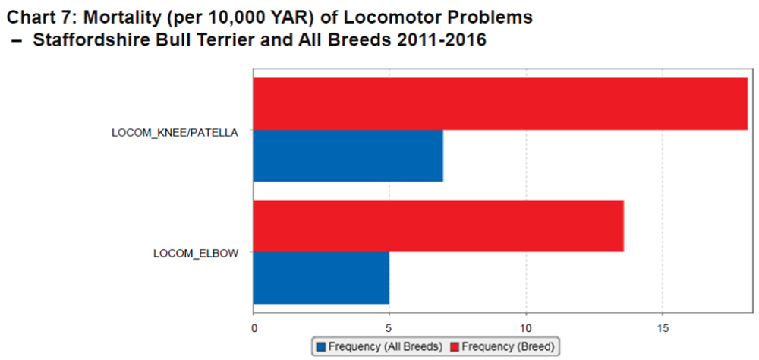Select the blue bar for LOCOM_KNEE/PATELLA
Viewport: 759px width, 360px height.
(348, 156)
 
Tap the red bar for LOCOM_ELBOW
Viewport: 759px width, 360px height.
(438, 226)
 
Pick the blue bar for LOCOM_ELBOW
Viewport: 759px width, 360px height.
(320, 277)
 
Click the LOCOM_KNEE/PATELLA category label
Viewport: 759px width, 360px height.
(175, 132)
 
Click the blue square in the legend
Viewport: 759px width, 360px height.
(320, 346)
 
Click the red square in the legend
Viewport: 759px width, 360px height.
(455, 346)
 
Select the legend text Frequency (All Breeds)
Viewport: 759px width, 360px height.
(385, 346)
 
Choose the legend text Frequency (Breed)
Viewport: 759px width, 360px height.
(509, 346)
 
